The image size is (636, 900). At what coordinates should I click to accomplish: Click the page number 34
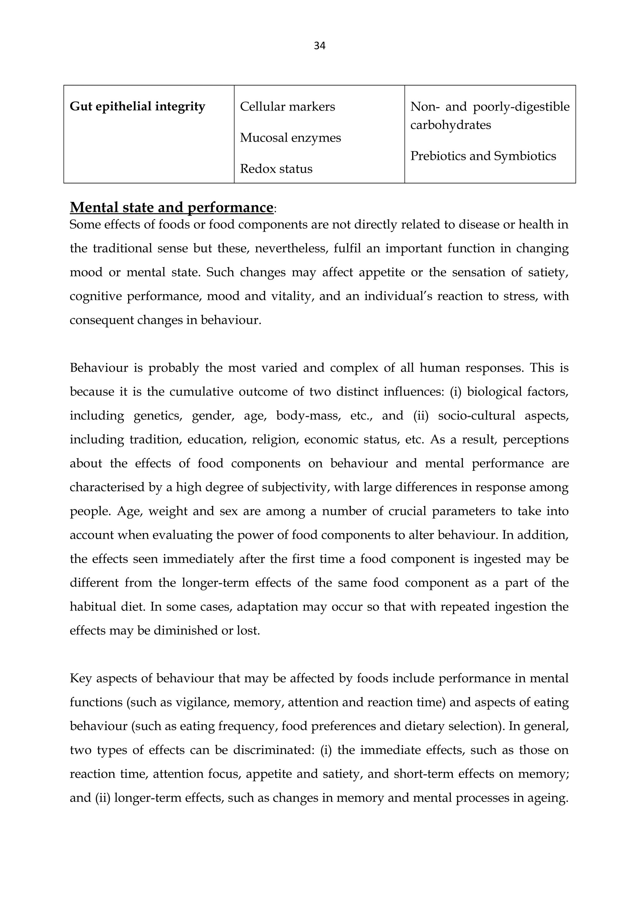click(319, 46)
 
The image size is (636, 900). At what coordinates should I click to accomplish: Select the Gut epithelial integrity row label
click(137, 107)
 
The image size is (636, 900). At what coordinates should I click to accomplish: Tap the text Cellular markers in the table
click(287, 107)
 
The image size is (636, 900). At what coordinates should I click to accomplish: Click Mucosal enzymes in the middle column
click(290, 138)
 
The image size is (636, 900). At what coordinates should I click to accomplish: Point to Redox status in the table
click(276, 169)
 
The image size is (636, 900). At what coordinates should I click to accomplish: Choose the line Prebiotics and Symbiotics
click(483, 156)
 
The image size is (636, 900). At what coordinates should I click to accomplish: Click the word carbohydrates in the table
click(450, 125)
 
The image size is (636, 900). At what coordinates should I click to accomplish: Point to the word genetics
click(158, 416)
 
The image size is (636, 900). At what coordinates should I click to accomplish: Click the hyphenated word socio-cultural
click(476, 416)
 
